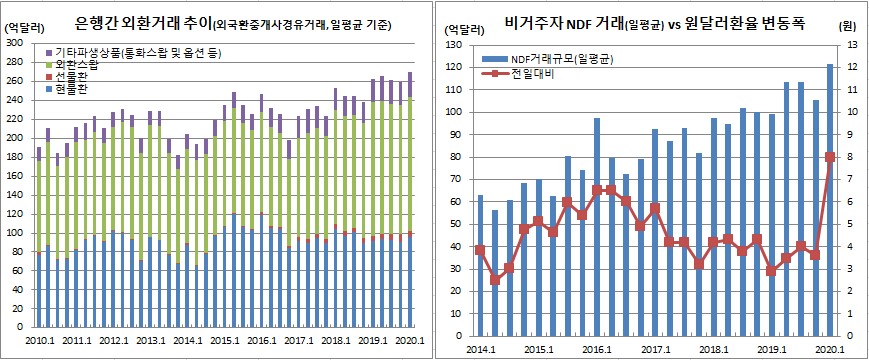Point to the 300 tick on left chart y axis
(19, 44)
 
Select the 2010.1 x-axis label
(39, 342)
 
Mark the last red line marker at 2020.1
(830, 157)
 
